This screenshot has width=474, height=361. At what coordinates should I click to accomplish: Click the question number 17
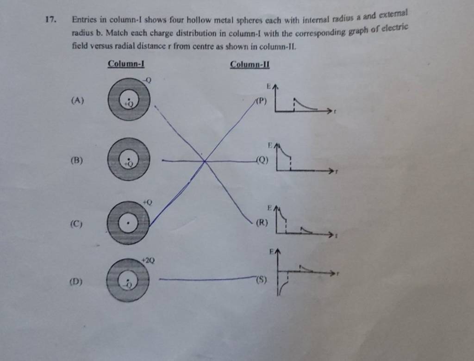click(50, 20)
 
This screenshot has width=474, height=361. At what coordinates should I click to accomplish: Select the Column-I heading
click(126, 64)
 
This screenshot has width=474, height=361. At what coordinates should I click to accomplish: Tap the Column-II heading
click(249, 64)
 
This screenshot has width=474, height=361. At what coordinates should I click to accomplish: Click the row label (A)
click(77, 100)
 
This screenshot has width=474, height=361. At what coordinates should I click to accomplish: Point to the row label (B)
click(77, 160)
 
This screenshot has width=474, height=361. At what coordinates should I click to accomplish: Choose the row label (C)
click(76, 224)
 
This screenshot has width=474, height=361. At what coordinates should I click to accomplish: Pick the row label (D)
click(75, 281)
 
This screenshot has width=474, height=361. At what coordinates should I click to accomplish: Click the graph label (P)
click(262, 101)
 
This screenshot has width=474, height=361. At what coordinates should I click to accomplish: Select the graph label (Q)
click(262, 160)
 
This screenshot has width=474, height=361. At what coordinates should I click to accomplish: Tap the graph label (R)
click(262, 223)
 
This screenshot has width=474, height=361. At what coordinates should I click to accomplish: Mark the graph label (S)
click(262, 280)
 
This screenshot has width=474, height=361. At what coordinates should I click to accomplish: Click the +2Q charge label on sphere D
click(148, 260)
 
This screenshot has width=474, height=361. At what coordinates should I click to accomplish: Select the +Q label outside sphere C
click(148, 202)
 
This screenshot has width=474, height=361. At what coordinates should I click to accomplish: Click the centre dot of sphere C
click(128, 224)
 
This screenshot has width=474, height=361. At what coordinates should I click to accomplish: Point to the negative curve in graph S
click(282, 287)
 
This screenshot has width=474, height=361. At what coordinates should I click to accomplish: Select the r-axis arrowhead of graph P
click(330, 111)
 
